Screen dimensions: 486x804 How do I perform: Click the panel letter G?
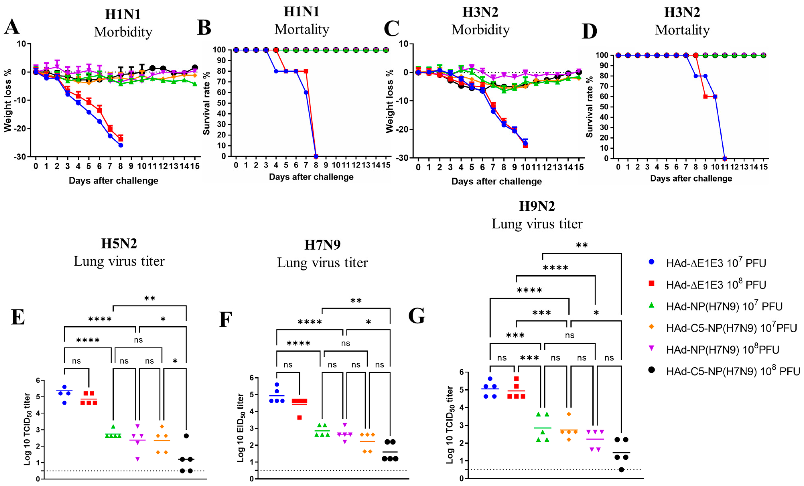pyautogui.click(x=417, y=316)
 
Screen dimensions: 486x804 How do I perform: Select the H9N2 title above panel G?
pyautogui.click(x=537, y=206)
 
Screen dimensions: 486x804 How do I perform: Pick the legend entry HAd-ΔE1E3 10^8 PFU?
pyautogui.click(x=716, y=285)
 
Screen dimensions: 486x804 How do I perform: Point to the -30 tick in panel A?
pyautogui.click(x=20, y=157)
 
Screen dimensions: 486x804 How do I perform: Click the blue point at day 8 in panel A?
pyautogui.click(x=120, y=145)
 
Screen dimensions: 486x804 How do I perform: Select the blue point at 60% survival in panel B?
pyautogui.click(x=306, y=92)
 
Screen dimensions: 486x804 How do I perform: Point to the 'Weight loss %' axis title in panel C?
pyautogui.click(x=390, y=101)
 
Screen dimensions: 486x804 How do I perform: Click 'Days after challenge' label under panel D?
pyautogui.click(x=691, y=179)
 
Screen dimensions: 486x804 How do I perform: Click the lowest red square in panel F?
pyautogui.click(x=299, y=418)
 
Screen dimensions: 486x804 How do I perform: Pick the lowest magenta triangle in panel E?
pyautogui.click(x=137, y=459)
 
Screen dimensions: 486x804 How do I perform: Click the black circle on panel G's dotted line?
pyautogui.click(x=621, y=470)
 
